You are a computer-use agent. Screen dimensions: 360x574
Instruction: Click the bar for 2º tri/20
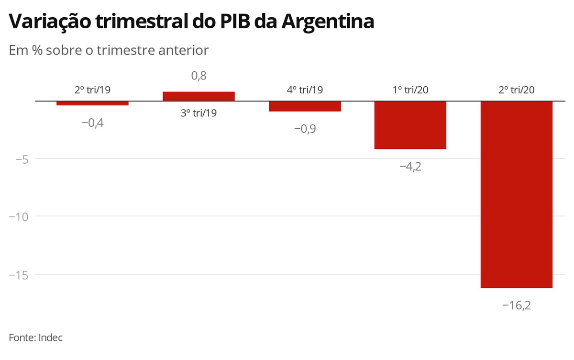pyautogui.click(x=517, y=194)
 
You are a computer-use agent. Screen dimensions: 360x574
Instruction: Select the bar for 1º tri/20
pyautogui.click(x=410, y=125)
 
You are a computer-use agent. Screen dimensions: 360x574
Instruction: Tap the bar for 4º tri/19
pyautogui.click(x=305, y=106)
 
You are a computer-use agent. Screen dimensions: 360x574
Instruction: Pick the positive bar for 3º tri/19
pyautogui.click(x=199, y=96)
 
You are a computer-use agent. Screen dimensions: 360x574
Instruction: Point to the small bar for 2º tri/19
pyautogui.click(x=92, y=103)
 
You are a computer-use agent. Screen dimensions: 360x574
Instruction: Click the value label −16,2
pyautogui.click(x=517, y=305)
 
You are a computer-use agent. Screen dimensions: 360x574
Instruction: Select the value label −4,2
pyautogui.click(x=410, y=167)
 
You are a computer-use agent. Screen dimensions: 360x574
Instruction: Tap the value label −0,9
pyautogui.click(x=305, y=129)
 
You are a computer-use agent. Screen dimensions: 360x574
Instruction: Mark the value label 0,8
pyautogui.click(x=199, y=76)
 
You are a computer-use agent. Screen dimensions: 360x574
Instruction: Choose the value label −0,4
pyautogui.click(x=92, y=123)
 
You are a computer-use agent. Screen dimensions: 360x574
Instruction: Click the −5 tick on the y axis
pyautogui.click(x=20, y=158)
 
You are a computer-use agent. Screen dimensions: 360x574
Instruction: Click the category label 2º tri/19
pyautogui.click(x=92, y=90)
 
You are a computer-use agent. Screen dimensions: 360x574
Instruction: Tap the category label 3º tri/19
pyautogui.click(x=199, y=113)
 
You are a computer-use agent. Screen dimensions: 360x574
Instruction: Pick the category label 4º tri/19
pyautogui.click(x=305, y=90)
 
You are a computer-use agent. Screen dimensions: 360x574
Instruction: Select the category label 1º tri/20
pyautogui.click(x=410, y=90)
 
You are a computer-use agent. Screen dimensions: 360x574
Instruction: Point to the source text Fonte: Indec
pyautogui.click(x=36, y=337)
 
